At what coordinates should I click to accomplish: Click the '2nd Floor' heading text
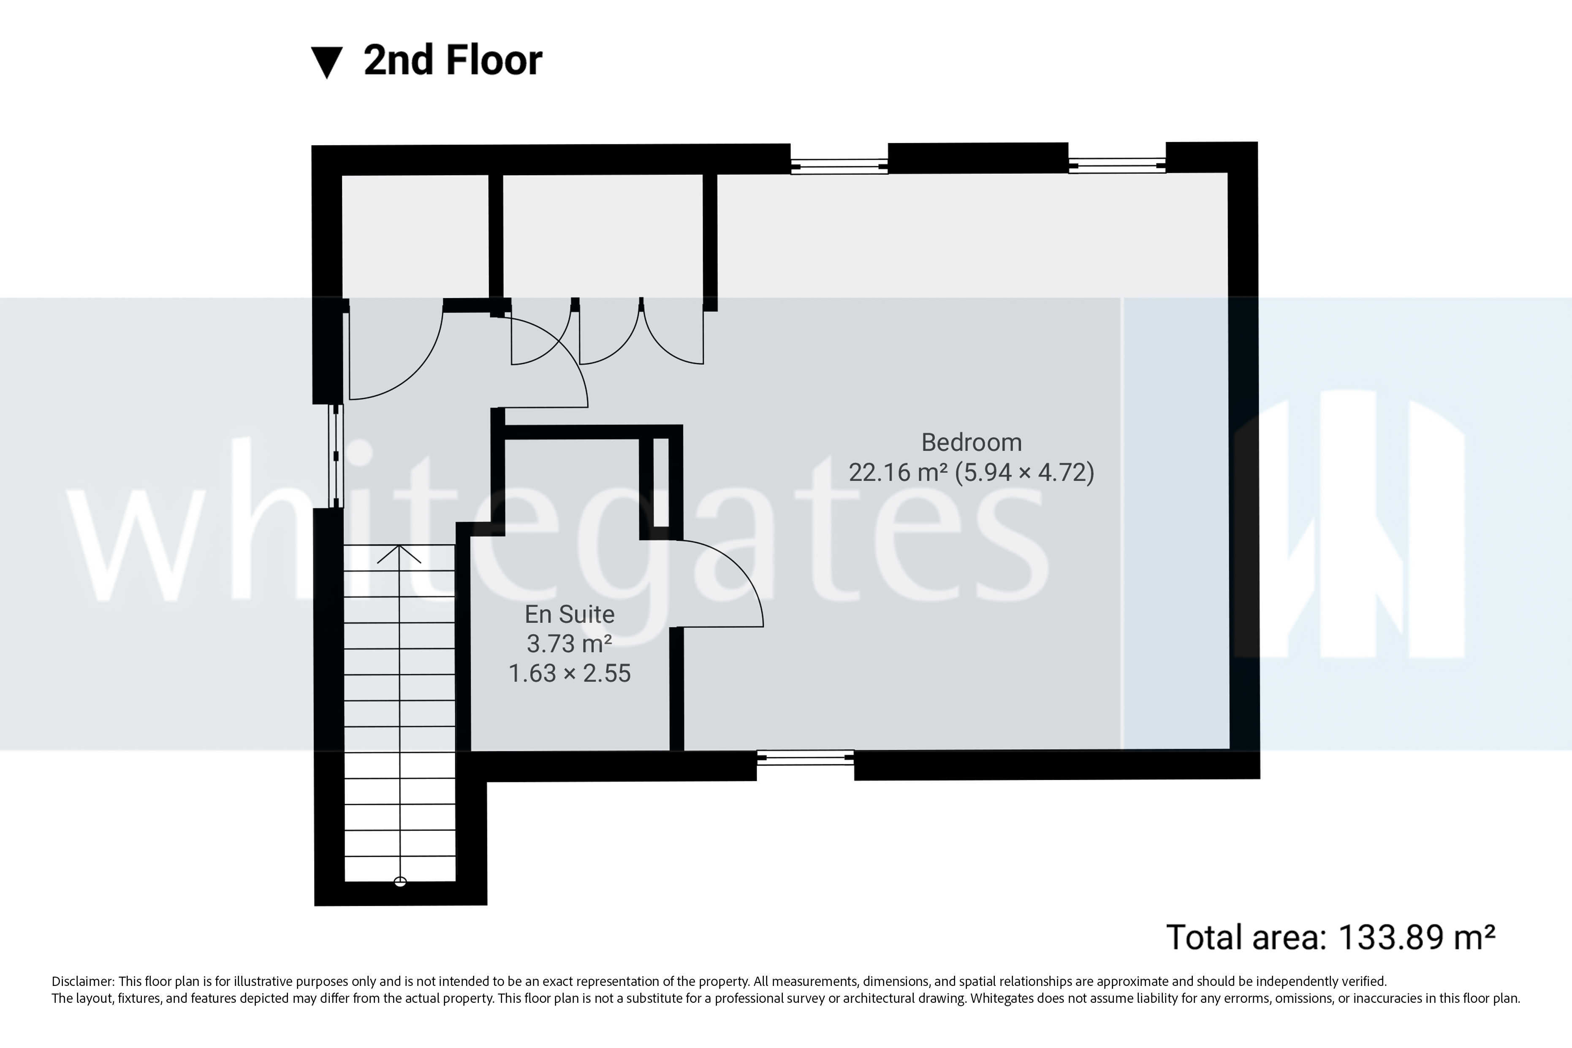coord(453,61)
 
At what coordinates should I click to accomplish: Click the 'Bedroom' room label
coord(971,443)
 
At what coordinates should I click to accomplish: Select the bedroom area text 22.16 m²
coord(898,472)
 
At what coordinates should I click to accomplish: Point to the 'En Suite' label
coord(570,614)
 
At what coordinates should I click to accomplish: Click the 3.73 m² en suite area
coord(570,643)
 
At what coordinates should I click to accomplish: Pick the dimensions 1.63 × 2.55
coord(570,673)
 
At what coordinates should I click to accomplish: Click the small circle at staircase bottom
coord(400,882)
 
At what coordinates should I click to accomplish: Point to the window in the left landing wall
coord(336,456)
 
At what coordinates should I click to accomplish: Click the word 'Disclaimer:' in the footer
coord(82,982)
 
